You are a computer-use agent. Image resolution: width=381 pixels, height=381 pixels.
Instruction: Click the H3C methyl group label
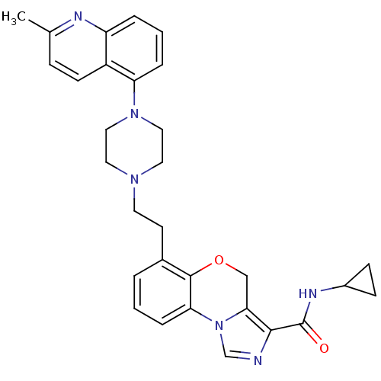click(x=14, y=18)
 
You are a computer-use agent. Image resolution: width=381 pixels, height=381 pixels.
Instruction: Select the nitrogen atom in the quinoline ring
click(x=78, y=16)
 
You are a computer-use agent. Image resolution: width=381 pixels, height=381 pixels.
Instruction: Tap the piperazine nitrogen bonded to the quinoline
click(x=134, y=114)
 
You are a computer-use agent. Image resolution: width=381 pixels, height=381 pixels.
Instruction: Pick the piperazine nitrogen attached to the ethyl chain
click(x=134, y=179)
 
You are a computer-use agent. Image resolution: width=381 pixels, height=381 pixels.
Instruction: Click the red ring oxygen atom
click(x=219, y=260)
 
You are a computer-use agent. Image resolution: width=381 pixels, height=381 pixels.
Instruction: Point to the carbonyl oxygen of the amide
click(x=324, y=348)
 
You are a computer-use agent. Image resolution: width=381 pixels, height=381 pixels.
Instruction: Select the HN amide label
click(x=308, y=293)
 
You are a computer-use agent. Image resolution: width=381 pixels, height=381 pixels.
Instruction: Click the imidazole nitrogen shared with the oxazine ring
click(x=219, y=325)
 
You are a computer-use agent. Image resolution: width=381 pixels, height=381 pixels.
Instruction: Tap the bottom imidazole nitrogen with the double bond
click(x=258, y=360)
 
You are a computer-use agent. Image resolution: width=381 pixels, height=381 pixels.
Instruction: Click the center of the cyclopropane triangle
click(x=363, y=282)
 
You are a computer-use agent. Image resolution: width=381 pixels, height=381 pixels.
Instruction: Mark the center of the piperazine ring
click(x=134, y=146)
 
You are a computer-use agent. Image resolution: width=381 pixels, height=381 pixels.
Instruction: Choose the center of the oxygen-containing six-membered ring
click(x=219, y=293)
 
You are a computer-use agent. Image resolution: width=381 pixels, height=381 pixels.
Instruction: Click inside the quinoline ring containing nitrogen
click(x=78, y=49)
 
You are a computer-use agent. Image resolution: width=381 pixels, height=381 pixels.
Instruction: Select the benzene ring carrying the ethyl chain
click(x=162, y=292)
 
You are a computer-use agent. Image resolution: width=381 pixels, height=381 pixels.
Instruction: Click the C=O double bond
click(x=312, y=335)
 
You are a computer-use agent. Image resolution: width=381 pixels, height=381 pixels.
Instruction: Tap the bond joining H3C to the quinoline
click(x=40, y=26)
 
